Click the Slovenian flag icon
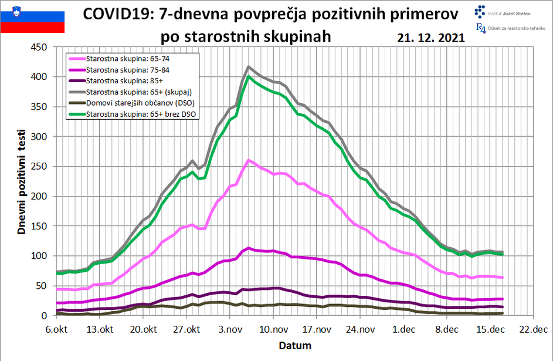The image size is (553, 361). coord(32,18)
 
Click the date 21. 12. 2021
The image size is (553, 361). coord(430,37)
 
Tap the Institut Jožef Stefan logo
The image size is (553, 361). coord(504,11)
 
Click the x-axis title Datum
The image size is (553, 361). coord(295,345)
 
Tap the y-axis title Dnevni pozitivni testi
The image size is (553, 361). coord(21,181)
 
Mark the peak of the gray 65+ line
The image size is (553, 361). coord(249,67)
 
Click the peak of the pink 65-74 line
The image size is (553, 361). coord(249,160)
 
